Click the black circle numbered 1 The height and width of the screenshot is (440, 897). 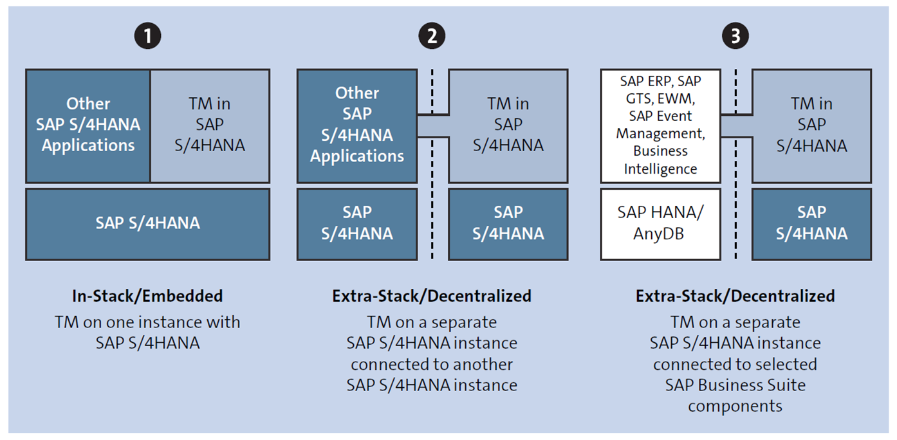click(147, 36)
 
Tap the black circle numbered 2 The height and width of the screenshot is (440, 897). click(432, 36)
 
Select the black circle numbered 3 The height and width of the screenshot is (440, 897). click(735, 36)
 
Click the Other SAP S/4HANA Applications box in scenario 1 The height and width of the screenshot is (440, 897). click(88, 125)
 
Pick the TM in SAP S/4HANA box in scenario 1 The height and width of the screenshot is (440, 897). click(210, 125)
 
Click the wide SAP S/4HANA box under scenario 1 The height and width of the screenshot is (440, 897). click(147, 224)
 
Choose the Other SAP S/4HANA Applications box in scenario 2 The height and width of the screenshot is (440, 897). click(356, 125)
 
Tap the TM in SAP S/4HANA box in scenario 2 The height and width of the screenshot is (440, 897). click(508, 125)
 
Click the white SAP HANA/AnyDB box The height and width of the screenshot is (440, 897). click(660, 224)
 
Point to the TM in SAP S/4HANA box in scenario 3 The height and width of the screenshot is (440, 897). click(811, 125)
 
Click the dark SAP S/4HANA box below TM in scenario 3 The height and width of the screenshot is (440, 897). click(811, 224)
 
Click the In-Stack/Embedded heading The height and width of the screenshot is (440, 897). click(147, 296)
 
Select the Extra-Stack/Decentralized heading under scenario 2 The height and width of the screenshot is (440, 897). click(432, 296)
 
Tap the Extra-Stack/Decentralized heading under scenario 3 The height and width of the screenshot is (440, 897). click(735, 296)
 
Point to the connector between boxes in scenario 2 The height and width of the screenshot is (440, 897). click(432, 125)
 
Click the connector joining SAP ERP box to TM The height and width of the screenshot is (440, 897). click(736, 125)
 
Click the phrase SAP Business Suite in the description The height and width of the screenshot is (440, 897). click(735, 385)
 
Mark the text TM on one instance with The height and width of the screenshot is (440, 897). click(147, 322)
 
